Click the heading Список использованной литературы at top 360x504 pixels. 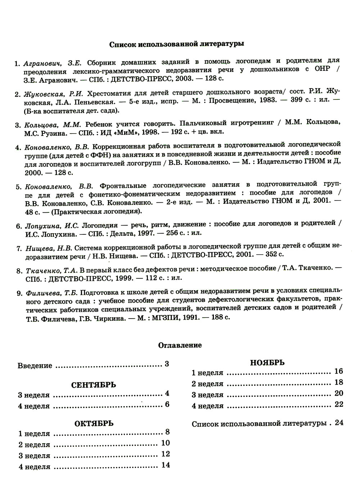click(176, 45)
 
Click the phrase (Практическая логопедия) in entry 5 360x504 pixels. click(96, 211)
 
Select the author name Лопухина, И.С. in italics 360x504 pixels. click(52, 226)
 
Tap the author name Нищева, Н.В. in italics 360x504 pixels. click(49, 248)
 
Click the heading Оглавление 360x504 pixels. click(180, 345)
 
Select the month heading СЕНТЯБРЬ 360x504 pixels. click(94, 385)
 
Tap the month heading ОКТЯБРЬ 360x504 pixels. click(94, 423)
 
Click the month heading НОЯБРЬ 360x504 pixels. click(267, 363)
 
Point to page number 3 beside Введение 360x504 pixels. click(167, 364)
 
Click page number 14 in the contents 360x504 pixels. click(166, 465)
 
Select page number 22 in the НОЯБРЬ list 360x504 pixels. click(339, 404)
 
